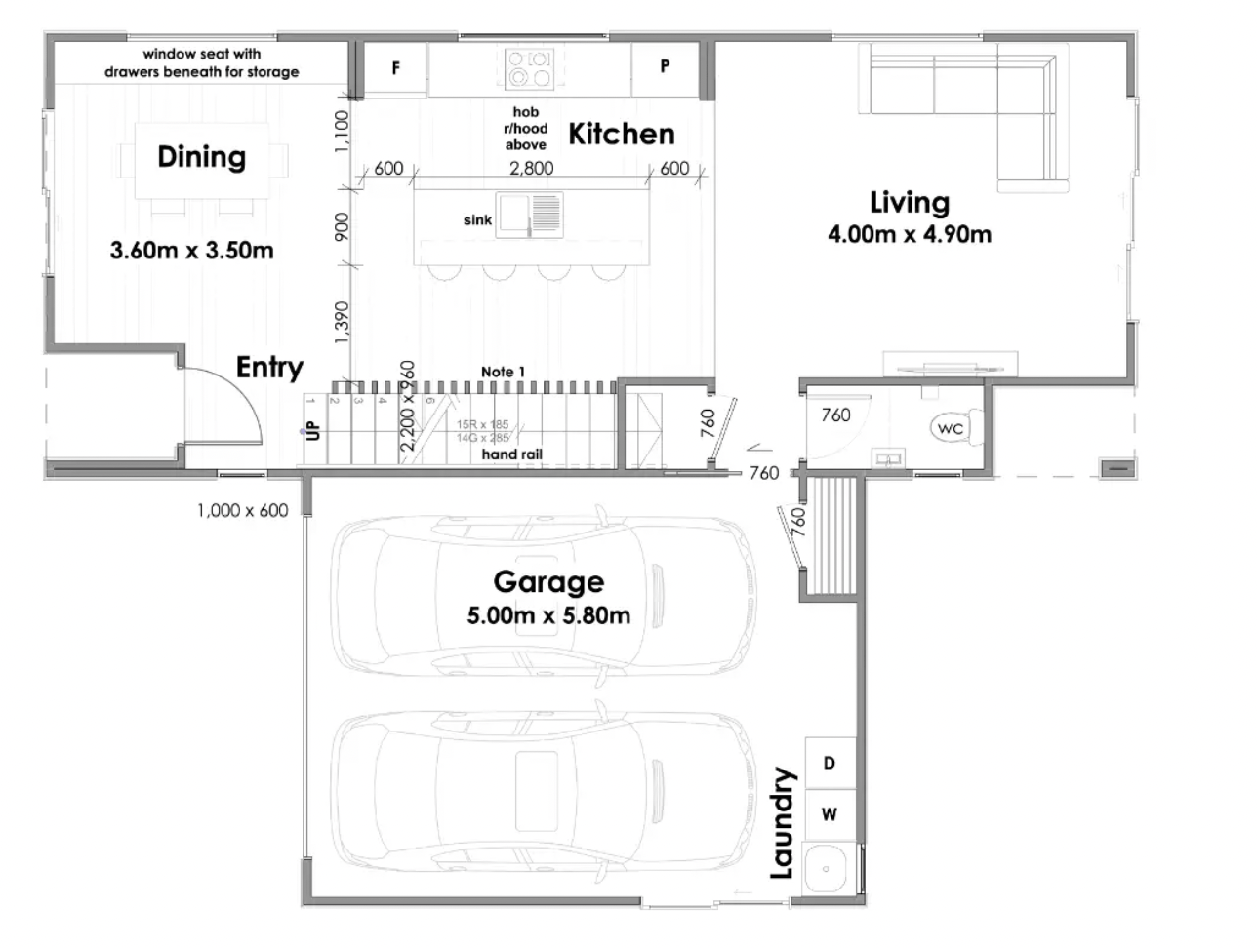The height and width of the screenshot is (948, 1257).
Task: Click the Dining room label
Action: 201,157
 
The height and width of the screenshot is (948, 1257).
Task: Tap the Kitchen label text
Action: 621,134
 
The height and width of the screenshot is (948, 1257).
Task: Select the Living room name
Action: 909,202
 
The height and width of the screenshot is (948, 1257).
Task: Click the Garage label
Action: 548,581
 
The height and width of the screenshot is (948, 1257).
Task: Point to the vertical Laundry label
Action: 782,823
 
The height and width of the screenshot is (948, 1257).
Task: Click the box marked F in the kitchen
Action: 395,68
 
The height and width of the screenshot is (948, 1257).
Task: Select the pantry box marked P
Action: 665,67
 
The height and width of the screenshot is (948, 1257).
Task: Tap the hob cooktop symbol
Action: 530,68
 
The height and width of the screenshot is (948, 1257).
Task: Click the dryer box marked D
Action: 830,763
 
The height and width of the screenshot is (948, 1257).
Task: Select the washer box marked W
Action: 830,814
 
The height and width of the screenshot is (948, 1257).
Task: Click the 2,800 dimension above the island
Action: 532,168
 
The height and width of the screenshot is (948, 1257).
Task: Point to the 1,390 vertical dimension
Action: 341,323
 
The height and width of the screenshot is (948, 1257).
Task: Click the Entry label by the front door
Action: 269,368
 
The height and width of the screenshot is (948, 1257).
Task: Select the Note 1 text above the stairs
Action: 503,372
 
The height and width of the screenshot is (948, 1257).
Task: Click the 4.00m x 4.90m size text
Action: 909,234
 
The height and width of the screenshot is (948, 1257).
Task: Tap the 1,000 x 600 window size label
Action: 242,510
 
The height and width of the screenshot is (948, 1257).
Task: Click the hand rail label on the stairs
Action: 511,454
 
